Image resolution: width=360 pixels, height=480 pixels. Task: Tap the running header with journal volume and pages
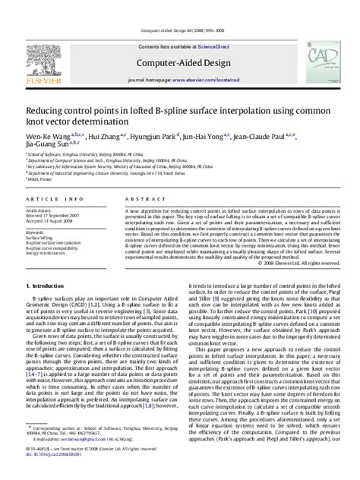(x=179, y=8)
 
